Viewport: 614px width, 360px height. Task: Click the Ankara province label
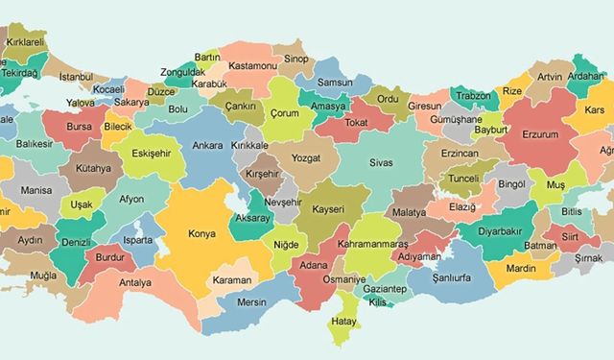(208, 146)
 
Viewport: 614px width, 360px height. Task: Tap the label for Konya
(202, 232)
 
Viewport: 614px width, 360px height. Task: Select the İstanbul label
(77, 76)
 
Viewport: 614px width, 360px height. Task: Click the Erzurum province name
(540, 134)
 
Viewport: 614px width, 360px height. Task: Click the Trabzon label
(472, 96)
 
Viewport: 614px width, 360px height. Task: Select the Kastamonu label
(253, 65)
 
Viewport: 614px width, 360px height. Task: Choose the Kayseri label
(329, 206)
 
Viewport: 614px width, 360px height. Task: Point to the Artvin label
(550, 77)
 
